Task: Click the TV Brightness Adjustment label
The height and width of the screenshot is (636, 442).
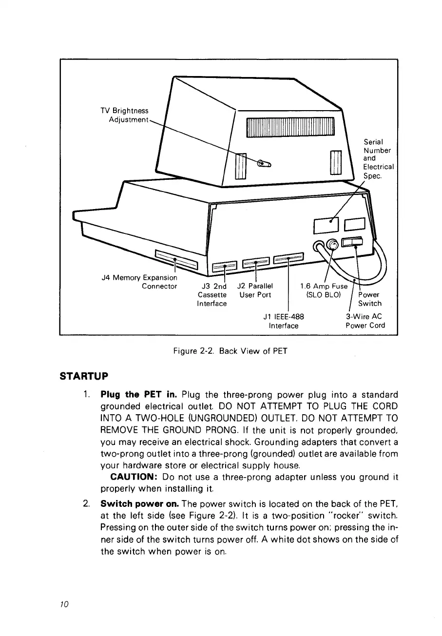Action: pos(124,115)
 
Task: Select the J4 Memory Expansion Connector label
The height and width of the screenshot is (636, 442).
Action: pos(138,282)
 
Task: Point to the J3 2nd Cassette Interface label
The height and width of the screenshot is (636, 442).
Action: pos(212,294)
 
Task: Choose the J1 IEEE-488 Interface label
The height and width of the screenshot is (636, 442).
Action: pos(284,321)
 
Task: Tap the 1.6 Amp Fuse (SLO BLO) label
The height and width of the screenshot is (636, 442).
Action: pos(326,290)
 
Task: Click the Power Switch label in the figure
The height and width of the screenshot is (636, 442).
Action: pos(369,299)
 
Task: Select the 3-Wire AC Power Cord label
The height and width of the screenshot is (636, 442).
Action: pos(365,321)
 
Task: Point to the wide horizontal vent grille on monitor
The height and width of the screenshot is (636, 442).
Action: pos(290,127)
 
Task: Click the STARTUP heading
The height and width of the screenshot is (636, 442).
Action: pos(84,376)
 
